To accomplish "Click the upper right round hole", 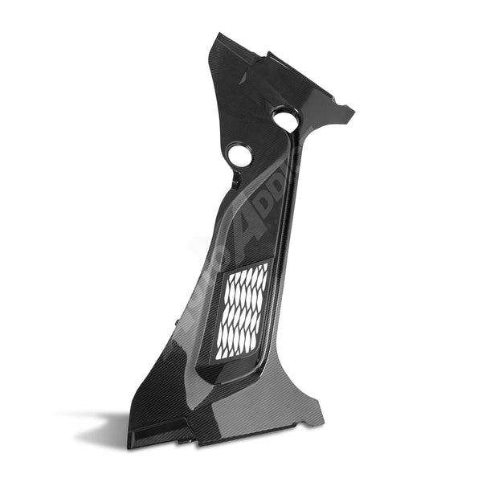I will [x=285, y=120].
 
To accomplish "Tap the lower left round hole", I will [x=239, y=154].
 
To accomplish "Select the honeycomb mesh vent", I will [x=243, y=309].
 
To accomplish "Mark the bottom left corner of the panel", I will [x=129, y=445].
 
